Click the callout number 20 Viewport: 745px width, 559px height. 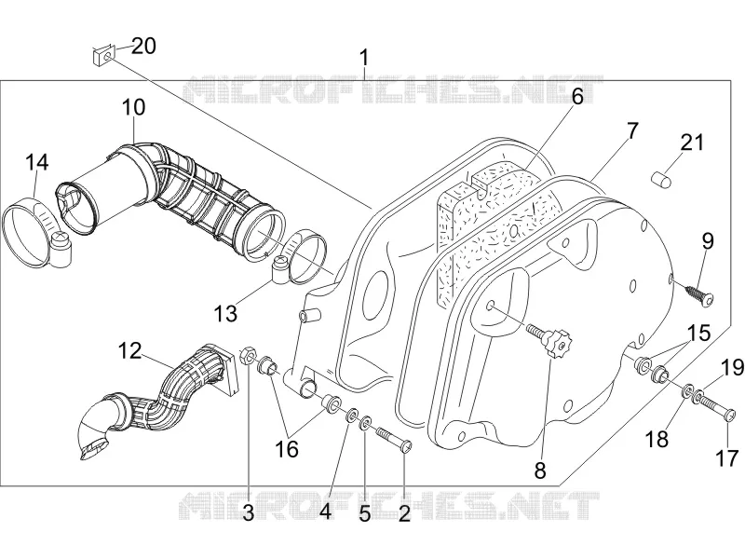tap(143, 47)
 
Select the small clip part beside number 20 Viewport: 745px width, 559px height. tap(104, 56)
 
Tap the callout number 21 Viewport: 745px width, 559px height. tap(692, 143)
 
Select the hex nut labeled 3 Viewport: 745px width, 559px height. tap(249, 356)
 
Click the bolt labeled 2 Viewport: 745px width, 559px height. tap(394, 439)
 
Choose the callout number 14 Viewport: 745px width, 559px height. tap(36, 162)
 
